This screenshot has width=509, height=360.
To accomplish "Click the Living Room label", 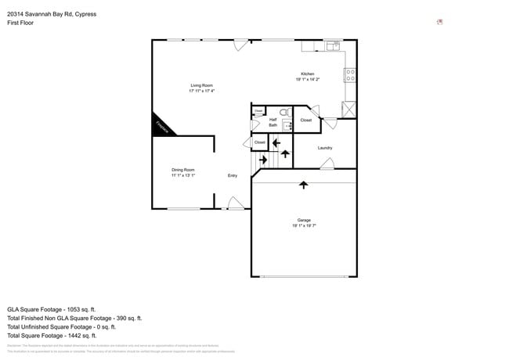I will tap(201, 85).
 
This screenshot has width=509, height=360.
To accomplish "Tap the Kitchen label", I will tap(308, 74).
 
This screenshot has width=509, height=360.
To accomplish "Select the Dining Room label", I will tap(183, 170).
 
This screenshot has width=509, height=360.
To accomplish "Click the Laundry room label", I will tap(326, 148).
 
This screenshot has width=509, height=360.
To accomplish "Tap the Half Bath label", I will tap(273, 122).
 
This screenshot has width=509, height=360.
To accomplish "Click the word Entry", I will tap(233, 175).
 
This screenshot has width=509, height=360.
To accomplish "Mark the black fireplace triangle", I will tap(161, 124).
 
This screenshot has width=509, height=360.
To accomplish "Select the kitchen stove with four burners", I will tap(350, 75).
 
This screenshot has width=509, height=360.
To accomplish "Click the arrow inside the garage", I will tap(304, 185).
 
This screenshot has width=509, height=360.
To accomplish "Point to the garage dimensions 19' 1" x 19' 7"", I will tap(304, 227).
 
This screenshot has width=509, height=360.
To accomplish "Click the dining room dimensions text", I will tap(183, 175).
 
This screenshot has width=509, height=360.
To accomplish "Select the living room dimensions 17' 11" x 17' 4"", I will tap(201, 91).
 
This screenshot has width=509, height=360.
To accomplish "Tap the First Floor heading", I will tap(22, 23).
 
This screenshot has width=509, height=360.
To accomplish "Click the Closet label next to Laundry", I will tap(306, 120).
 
